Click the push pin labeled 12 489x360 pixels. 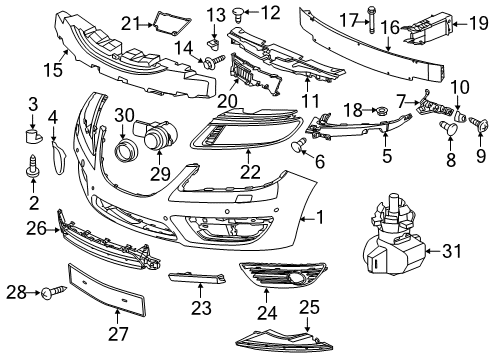[224, 13]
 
